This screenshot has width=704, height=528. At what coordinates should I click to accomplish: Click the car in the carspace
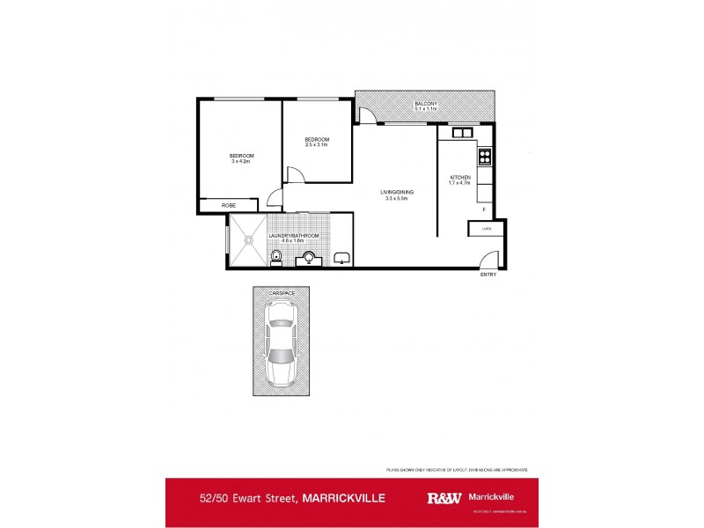point(282,343)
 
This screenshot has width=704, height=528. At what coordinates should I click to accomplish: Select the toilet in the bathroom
point(276,257)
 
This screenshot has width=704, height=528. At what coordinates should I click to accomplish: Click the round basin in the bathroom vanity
point(311,258)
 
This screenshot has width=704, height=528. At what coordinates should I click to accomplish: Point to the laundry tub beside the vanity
point(341,259)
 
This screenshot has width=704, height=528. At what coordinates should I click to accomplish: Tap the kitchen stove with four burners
point(483,158)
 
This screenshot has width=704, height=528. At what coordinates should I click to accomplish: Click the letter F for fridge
point(483,209)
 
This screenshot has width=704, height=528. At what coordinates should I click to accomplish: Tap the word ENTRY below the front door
point(488,275)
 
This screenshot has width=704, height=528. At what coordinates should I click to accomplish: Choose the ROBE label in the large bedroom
point(229,205)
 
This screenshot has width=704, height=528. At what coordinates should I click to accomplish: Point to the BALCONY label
point(426,104)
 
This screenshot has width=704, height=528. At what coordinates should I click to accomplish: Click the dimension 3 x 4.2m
point(240,162)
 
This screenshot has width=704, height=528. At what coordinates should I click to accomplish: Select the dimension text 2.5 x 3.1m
point(317,144)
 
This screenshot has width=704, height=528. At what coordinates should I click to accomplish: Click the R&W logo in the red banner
point(443,497)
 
